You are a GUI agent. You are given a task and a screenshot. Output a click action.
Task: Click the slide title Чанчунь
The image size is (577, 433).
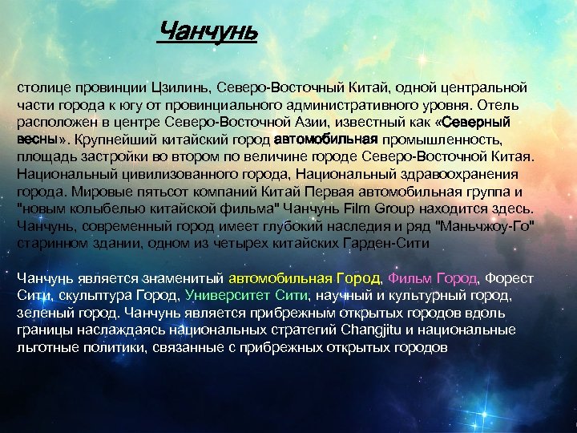click(208, 33)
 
